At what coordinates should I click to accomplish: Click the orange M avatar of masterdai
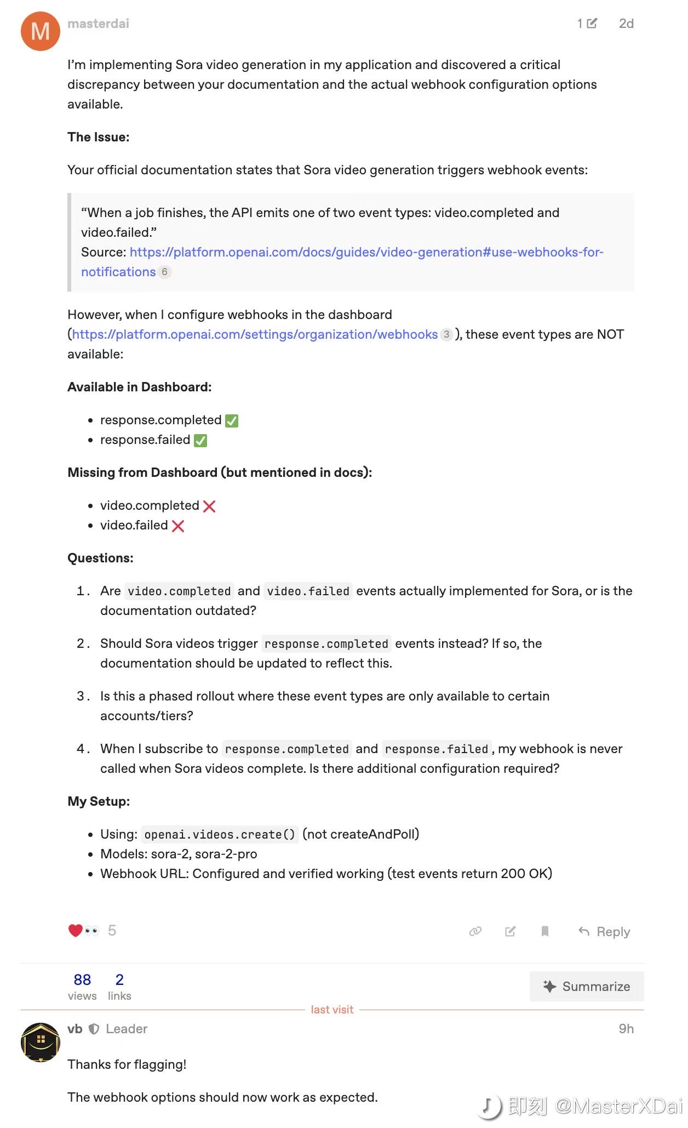point(40,31)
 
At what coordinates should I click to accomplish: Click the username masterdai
point(98,24)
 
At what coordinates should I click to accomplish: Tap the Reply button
point(604,931)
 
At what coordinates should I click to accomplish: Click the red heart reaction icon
point(75,930)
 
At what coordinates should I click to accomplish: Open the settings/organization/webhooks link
point(255,334)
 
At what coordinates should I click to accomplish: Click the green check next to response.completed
point(232,420)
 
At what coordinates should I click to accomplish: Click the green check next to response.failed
point(200,440)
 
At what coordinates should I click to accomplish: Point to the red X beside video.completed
point(209,506)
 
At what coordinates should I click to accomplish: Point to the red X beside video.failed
point(178,526)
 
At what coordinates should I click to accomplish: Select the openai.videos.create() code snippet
point(220,834)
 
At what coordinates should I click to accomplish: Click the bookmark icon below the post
point(544,931)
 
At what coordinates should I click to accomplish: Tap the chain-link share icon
point(475,931)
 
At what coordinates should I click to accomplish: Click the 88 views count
point(82,979)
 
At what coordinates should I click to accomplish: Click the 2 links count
point(119,979)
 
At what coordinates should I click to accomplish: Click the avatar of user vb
point(40,1042)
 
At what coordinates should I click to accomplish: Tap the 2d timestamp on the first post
point(626,24)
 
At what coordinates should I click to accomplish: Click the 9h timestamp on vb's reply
point(626,1029)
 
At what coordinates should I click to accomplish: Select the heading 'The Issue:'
point(99,137)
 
